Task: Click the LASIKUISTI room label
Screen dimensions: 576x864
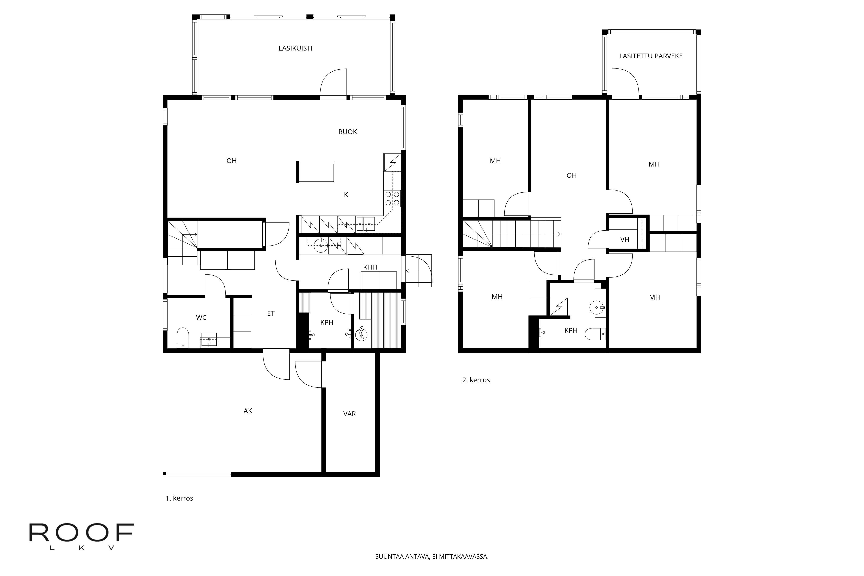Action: (x=295, y=48)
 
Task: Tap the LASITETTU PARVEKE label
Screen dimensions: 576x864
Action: (x=651, y=56)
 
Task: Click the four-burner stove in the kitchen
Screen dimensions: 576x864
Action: (x=392, y=198)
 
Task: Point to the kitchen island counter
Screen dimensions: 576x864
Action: (x=315, y=171)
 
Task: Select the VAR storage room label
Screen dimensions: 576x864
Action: (x=349, y=414)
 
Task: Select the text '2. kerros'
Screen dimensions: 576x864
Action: (x=476, y=380)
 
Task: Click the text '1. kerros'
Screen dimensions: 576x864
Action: (x=179, y=498)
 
